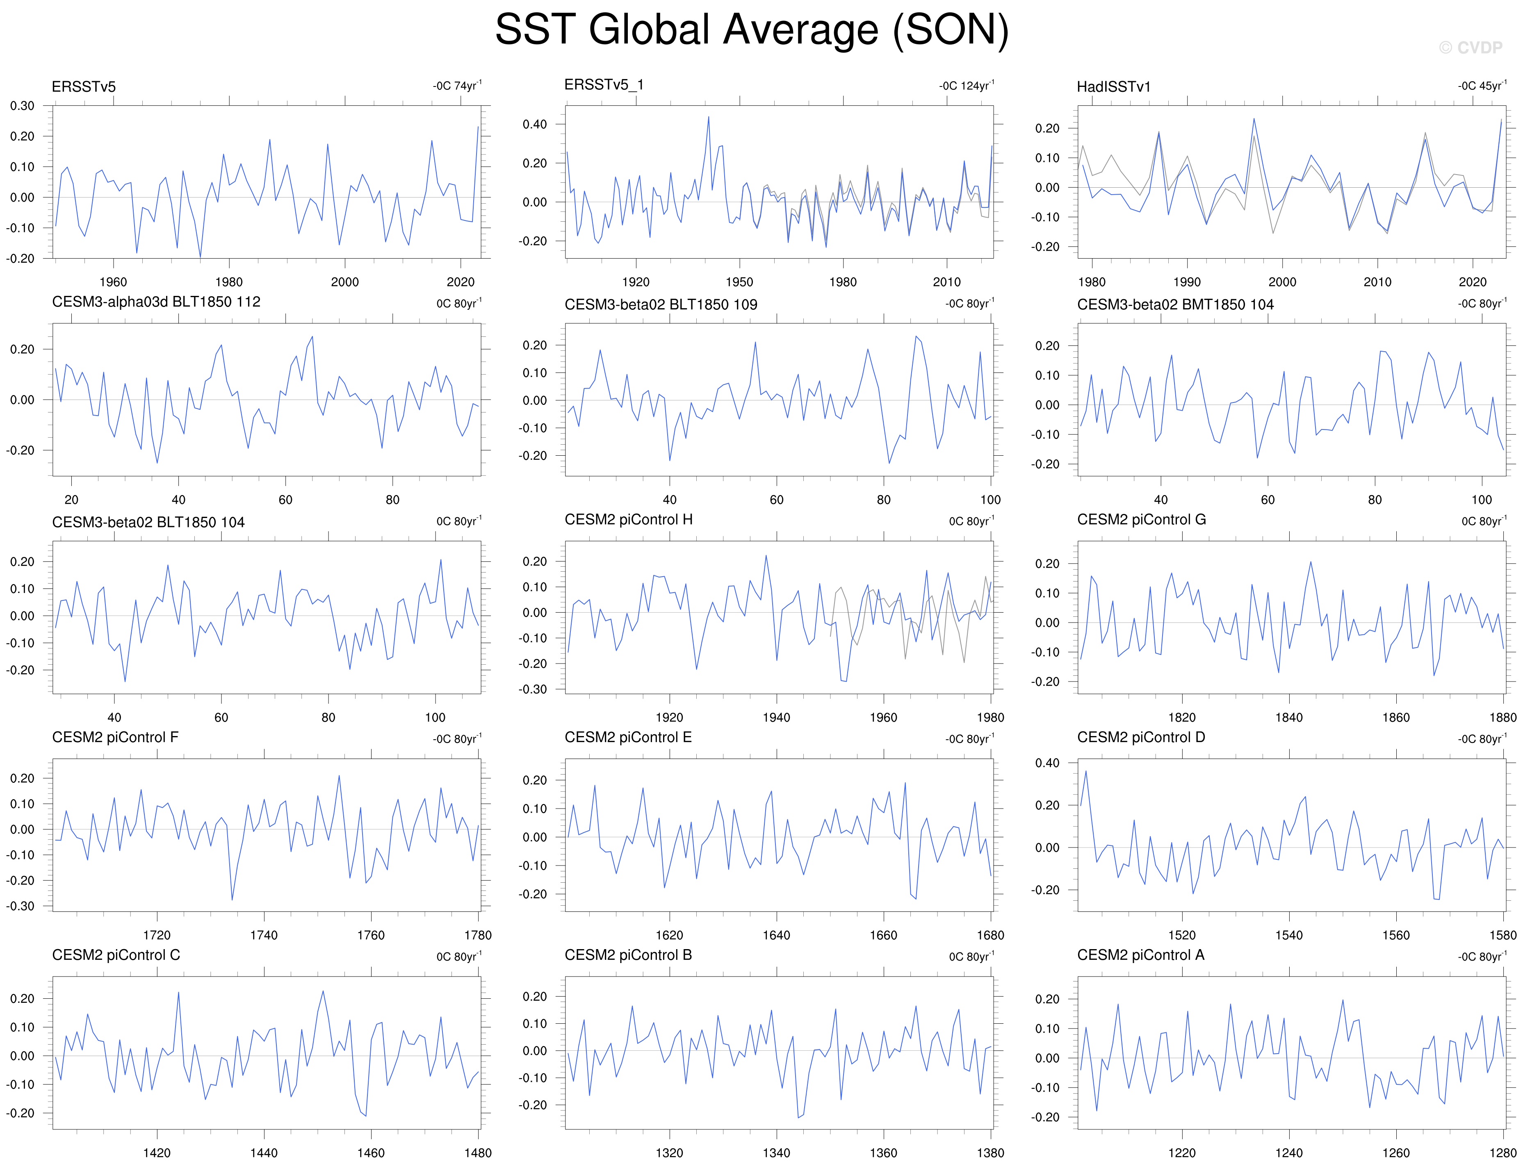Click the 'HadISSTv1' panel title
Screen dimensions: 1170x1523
coord(1113,86)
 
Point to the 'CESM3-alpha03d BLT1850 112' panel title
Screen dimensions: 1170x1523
coord(156,302)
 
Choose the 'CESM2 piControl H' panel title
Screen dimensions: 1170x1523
coord(628,520)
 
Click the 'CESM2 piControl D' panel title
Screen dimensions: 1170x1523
coord(1140,737)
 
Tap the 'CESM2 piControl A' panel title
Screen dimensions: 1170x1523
coord(1140,955)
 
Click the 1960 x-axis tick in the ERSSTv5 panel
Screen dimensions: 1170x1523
coord(113,282)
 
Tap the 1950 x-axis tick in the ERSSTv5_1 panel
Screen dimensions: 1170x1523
coord(739,282)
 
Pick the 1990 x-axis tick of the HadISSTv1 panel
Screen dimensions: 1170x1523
coord(1186,282)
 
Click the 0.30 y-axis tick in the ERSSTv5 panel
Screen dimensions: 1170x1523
coord(22,106)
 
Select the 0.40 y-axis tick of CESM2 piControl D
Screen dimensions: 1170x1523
coord(1046,763)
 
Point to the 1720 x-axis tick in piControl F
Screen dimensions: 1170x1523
coord(157,935)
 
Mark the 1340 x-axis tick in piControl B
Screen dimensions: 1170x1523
coord(776,1153)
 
